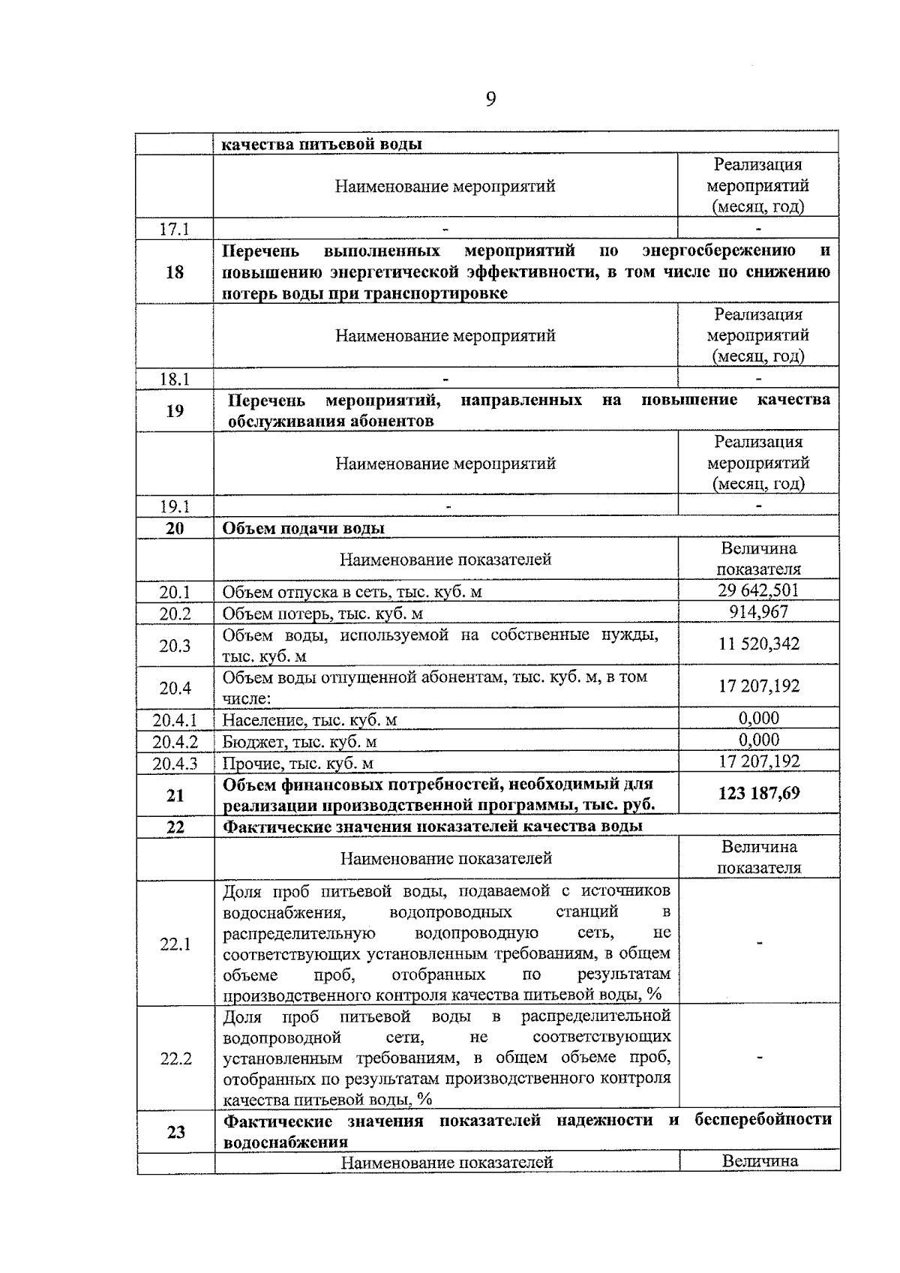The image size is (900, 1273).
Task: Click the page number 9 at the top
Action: pos(490,100)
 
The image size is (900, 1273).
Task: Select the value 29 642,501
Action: pos(758,590)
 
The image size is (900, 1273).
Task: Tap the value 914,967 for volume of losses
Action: pos(758,612)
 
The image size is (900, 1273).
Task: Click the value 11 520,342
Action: pos(758,644)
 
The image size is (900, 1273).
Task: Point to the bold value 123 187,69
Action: pos(758,793)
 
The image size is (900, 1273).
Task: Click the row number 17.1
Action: pos(174,229)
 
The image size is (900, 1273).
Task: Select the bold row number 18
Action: pos(174,272)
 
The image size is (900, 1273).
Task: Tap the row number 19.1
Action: pos(174,506)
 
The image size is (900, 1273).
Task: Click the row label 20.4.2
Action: pos(175,742)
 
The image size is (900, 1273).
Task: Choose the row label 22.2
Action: pos(175,1058)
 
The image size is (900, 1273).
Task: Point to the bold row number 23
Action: pos(175,1131)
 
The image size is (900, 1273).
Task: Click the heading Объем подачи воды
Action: pos(304,528)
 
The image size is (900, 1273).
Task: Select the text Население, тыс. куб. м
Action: pos(310,720)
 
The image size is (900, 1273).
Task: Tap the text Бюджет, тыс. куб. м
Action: pos(299,742)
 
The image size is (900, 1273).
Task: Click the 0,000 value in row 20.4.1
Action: pos(758,718)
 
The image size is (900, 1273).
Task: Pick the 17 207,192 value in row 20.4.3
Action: pos(758,761)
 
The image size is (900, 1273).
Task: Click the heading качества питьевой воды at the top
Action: pos(322,144)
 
